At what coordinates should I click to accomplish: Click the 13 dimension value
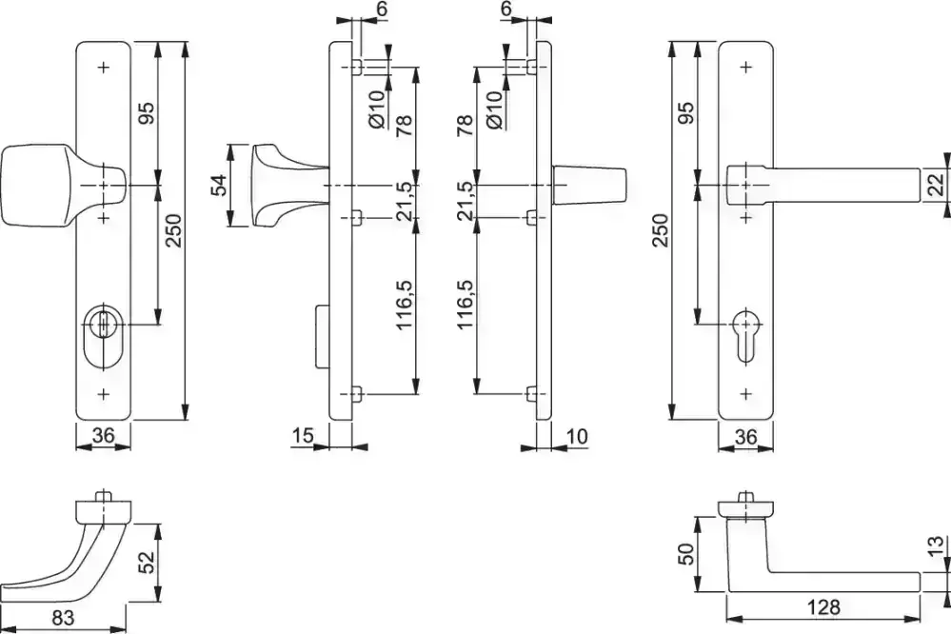click(x=940, y=549)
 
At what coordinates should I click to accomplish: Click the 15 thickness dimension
click(x=304, y=436)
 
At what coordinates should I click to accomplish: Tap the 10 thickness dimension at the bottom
click(x=575, y=436)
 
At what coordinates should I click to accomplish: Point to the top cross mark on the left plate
click(x=103, y=67)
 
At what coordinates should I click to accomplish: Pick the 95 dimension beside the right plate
click(x=688, y=111)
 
